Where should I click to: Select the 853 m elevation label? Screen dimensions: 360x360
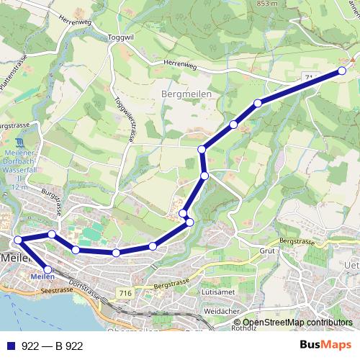[267, 4]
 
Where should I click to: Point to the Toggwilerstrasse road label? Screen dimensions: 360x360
[125, 118]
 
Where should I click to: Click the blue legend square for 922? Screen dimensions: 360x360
[11, 346]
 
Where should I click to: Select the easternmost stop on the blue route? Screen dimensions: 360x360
[342, 71]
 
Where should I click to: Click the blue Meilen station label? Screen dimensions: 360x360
[42, 276]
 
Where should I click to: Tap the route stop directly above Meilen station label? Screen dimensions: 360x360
[48, 269]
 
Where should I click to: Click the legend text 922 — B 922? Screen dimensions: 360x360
[53, 346]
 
